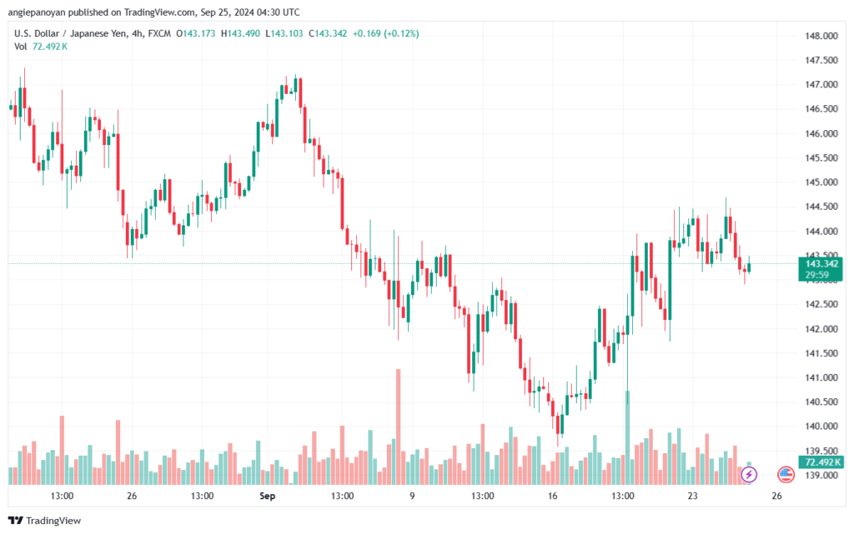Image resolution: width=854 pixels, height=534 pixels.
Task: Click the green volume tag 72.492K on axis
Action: click(x=821, y=462)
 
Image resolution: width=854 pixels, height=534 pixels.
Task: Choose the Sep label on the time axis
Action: click(x=267, y=495)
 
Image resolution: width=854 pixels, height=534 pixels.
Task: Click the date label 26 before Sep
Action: click(x=132, y=495)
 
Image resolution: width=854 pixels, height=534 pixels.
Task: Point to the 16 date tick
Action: click(x=551, y=495)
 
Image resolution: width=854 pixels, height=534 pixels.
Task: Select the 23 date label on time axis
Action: click(x=692, y=495)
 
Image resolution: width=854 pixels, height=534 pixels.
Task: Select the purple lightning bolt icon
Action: click(x=749, y=474)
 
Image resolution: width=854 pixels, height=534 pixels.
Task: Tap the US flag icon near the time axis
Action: click(x=786, y=474)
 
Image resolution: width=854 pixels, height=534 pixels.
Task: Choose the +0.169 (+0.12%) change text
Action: click(x=385, y=33)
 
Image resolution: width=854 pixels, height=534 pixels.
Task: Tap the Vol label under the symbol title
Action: click(x=20, y=47)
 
